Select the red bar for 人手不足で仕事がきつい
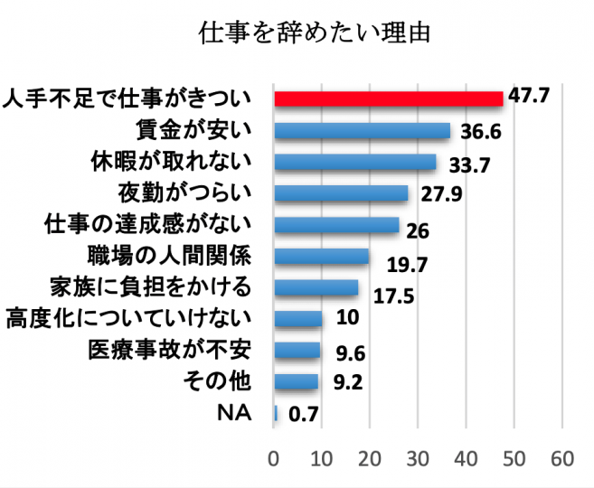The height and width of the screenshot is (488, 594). pyautogui.click(x=388, y=99)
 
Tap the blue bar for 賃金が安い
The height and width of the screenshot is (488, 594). pyautogui.click(x=362, y=131)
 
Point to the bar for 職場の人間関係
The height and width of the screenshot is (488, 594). pyautogui.click(x=321, y=256)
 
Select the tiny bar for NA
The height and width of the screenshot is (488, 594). pyautogui.click(x=276, y=412)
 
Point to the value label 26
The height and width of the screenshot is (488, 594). pyautogui.click(x=418, y=230)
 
